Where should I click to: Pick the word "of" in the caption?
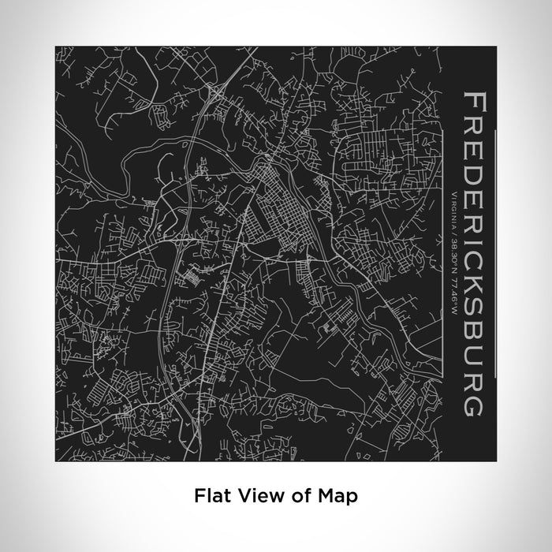click(296, 497)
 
